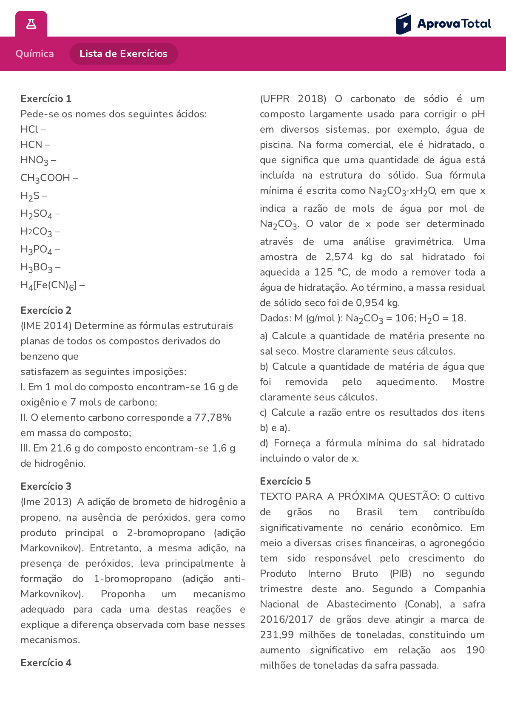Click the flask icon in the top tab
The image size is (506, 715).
point(31,24)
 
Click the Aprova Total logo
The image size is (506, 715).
point(443,24)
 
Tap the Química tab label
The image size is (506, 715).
point(34,54)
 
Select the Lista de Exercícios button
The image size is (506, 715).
point(123,54)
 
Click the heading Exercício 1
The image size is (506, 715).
point(46,99)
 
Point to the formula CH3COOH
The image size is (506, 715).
point(45,178)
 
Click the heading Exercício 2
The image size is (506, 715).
point(46,310)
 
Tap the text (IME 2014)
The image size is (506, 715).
point(46,326)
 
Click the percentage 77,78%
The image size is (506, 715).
point(213,417)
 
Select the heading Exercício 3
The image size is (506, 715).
point(46,486)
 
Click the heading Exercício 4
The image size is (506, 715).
point(46,663)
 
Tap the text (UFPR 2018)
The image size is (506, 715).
point(293,99)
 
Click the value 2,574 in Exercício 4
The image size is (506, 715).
point(339,257)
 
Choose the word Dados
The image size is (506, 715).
point(274,318)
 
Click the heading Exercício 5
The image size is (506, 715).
point(285,481)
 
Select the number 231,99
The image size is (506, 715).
point(277,635)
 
